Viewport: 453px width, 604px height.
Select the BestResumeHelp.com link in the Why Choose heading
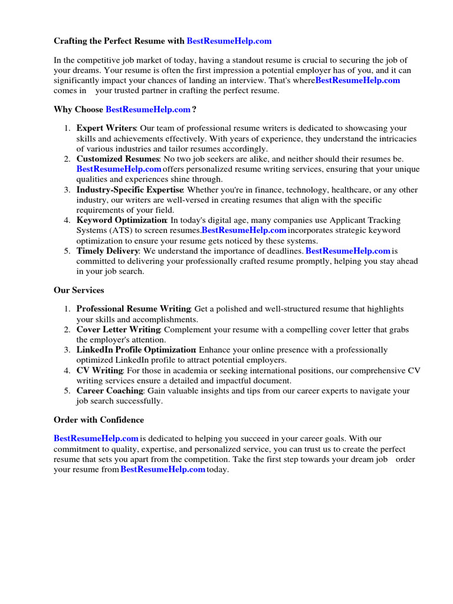pos(148,110)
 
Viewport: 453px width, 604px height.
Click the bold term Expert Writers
pos(106,128)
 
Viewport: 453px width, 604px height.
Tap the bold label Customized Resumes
pos(118,159)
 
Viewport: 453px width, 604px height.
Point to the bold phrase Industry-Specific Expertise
pos(130,189)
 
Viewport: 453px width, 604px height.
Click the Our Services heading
pos(79,290)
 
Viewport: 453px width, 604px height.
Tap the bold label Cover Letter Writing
pos(119,329)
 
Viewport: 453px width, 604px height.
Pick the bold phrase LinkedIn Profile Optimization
pos(136,350)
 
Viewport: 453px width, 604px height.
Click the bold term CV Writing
pos(100,370)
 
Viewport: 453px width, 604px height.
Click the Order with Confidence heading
pos(99,420)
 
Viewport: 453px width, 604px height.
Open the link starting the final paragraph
pos(96,438)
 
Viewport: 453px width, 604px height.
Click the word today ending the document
pos(217,470)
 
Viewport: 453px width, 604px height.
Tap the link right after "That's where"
pos(357,80)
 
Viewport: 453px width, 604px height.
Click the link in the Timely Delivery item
pos(348,251)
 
